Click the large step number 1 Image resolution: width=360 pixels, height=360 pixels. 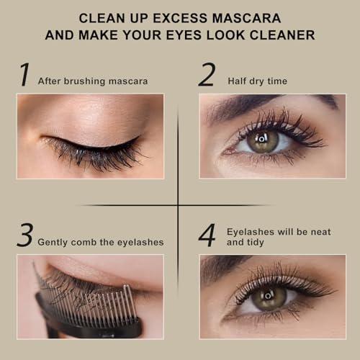[x=24, y=76]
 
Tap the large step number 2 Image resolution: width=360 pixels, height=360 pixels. [x=207, y=76]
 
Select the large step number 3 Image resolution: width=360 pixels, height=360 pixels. [x=25, y=236]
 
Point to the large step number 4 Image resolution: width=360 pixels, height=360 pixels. [x=207, y=236]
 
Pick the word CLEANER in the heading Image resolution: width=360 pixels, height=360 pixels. [x=281, y=34]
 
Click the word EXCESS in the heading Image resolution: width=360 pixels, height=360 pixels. [x=179, y=17]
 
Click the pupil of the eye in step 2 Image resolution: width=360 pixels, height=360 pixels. [x=264, y=138]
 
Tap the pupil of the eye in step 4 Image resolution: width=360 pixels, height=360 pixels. [x=266, y=295]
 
